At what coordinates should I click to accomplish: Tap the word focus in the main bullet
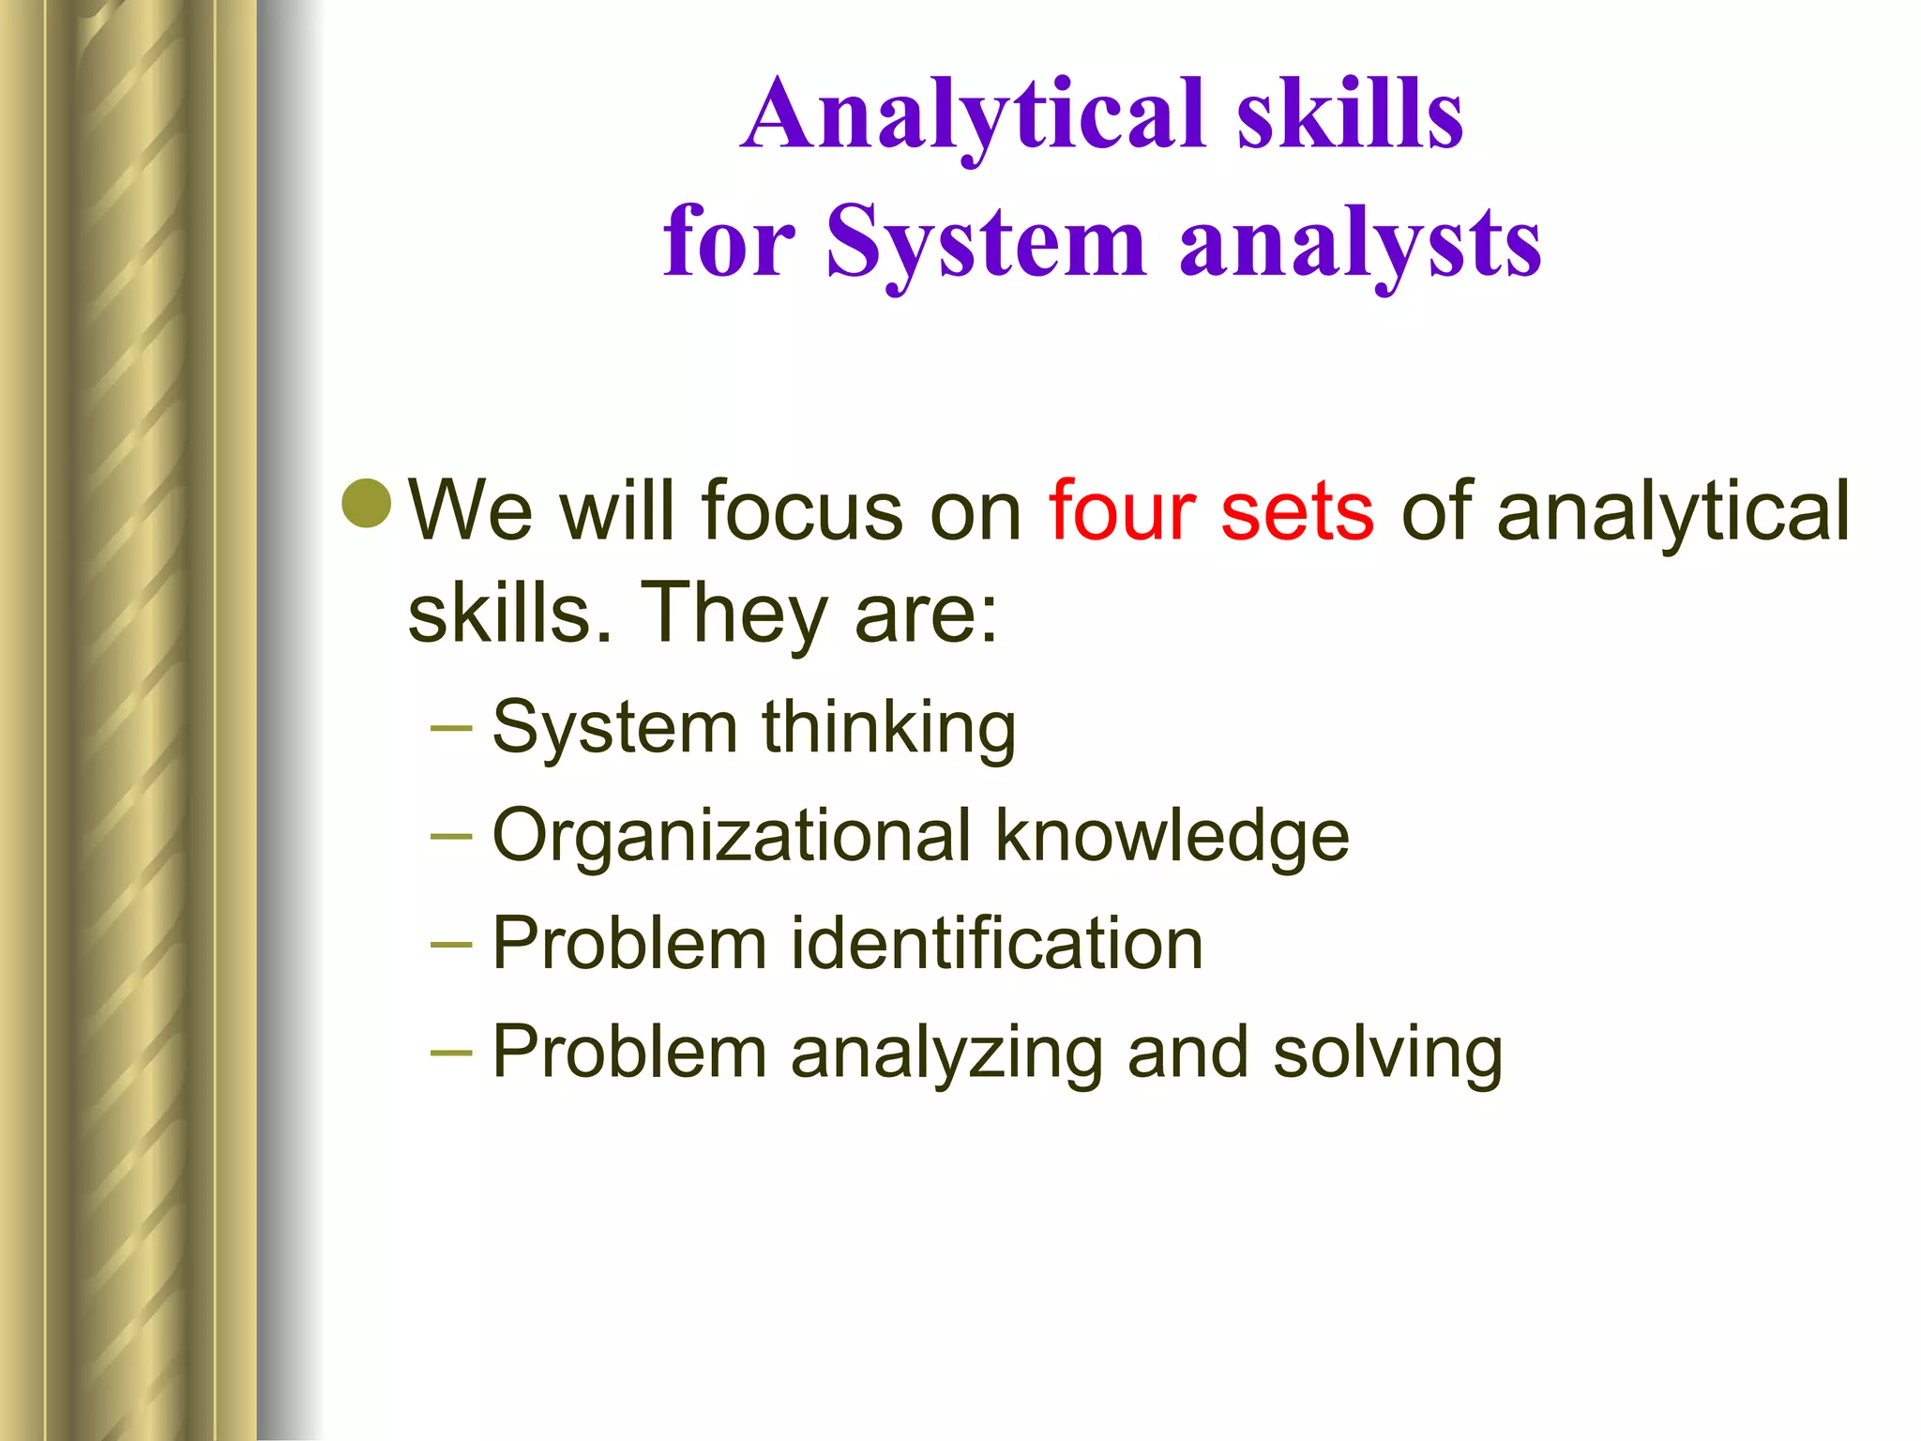pos(801,511)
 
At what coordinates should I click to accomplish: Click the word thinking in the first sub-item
pos(888,729)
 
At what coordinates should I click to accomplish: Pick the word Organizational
pos(731,837)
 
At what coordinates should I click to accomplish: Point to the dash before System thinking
pos(451,728)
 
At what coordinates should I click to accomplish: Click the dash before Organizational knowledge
pos(451,836)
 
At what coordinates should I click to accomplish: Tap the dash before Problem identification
pos(451,944)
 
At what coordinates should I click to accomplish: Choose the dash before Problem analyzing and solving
pos(451,1052)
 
